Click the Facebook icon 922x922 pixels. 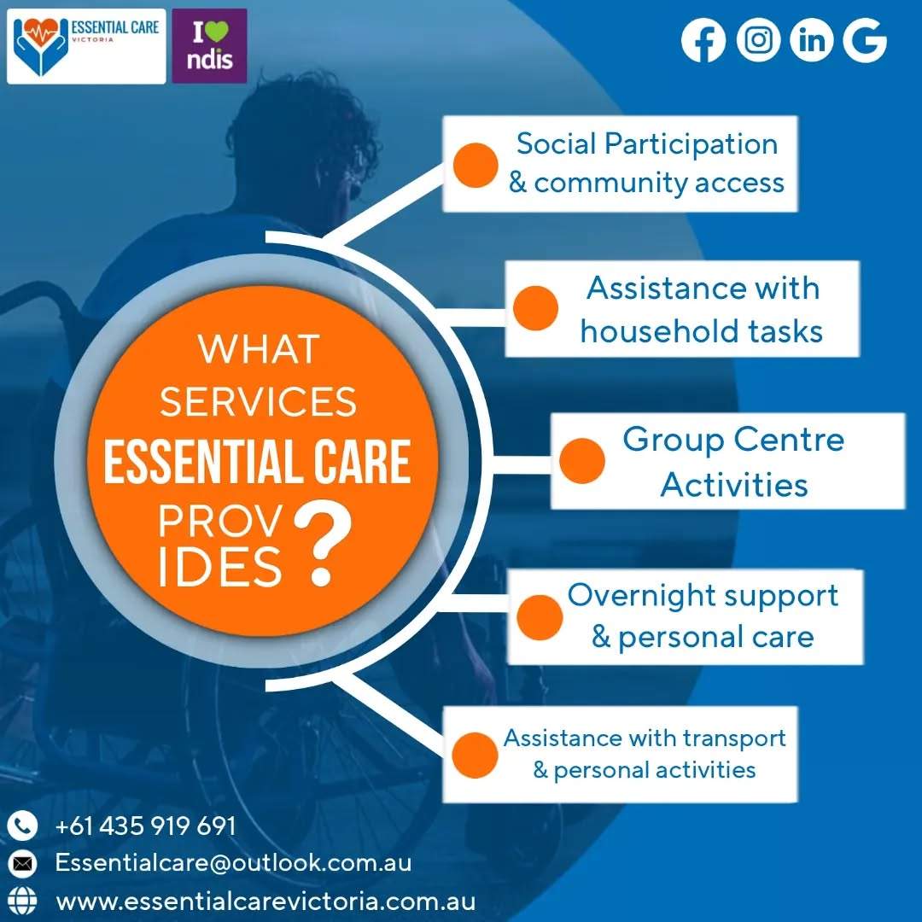703,41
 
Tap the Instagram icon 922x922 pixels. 759,40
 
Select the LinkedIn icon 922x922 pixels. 812,40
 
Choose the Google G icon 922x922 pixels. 865,40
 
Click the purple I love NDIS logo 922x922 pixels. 209,46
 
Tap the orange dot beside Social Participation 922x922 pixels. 476,166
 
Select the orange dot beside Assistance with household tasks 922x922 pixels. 535,308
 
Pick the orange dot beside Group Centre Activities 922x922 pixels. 582,461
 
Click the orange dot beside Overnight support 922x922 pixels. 540,617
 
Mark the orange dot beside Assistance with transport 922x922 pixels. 476,756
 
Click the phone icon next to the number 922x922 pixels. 22,826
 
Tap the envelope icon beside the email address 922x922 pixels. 22,864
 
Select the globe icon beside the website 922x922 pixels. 22,902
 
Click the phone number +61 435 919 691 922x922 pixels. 146,826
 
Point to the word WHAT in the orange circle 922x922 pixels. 259,349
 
